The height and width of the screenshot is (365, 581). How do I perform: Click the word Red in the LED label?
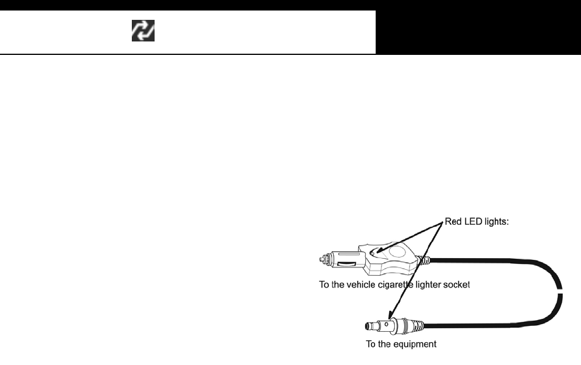(453, 222)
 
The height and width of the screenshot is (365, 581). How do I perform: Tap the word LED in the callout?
(473, 222)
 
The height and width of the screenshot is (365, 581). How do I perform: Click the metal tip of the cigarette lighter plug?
(323, 258)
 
